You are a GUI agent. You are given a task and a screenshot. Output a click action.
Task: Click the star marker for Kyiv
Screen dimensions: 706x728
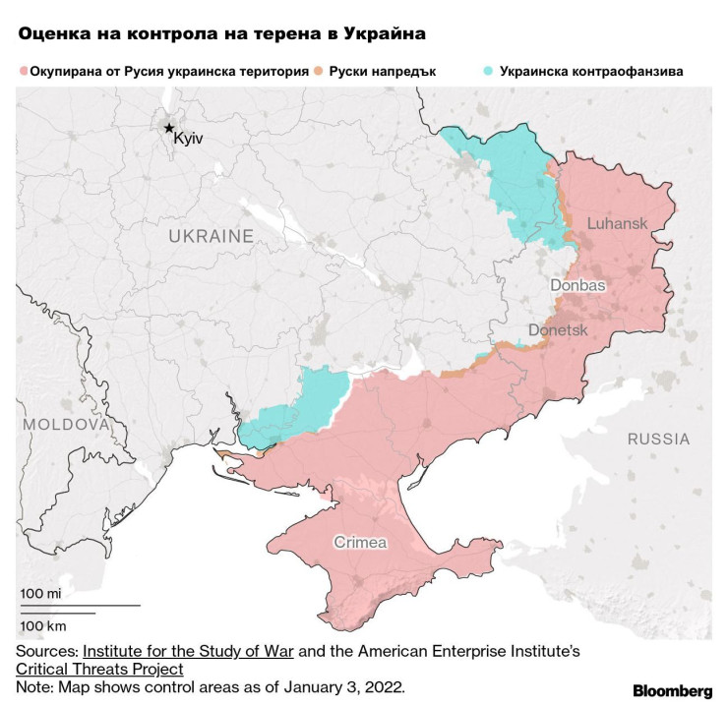[169, 128]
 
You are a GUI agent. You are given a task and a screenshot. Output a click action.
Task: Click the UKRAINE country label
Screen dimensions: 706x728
[211, 236]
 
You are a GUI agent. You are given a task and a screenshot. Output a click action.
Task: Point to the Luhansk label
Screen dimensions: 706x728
[617, 223]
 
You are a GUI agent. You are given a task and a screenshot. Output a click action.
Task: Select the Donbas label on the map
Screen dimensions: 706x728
[577, 284]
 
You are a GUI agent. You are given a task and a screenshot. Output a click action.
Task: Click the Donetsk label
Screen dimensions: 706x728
[558, 331]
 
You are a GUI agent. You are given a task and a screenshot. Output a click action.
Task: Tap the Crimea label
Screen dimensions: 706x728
[360, 542]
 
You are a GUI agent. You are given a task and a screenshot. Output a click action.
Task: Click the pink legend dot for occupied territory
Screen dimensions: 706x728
[23, 72]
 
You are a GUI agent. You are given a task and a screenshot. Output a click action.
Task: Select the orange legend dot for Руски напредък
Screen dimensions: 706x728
[319, 72]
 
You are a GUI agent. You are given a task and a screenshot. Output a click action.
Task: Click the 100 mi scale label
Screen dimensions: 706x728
[40, 594]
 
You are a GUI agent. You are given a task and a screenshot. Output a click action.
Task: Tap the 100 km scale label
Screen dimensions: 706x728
[42, 625]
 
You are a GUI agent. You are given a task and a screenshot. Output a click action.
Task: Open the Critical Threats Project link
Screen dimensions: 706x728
[99, 669]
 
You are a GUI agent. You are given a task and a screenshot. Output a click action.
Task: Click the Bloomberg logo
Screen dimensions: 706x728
[672, 689]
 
